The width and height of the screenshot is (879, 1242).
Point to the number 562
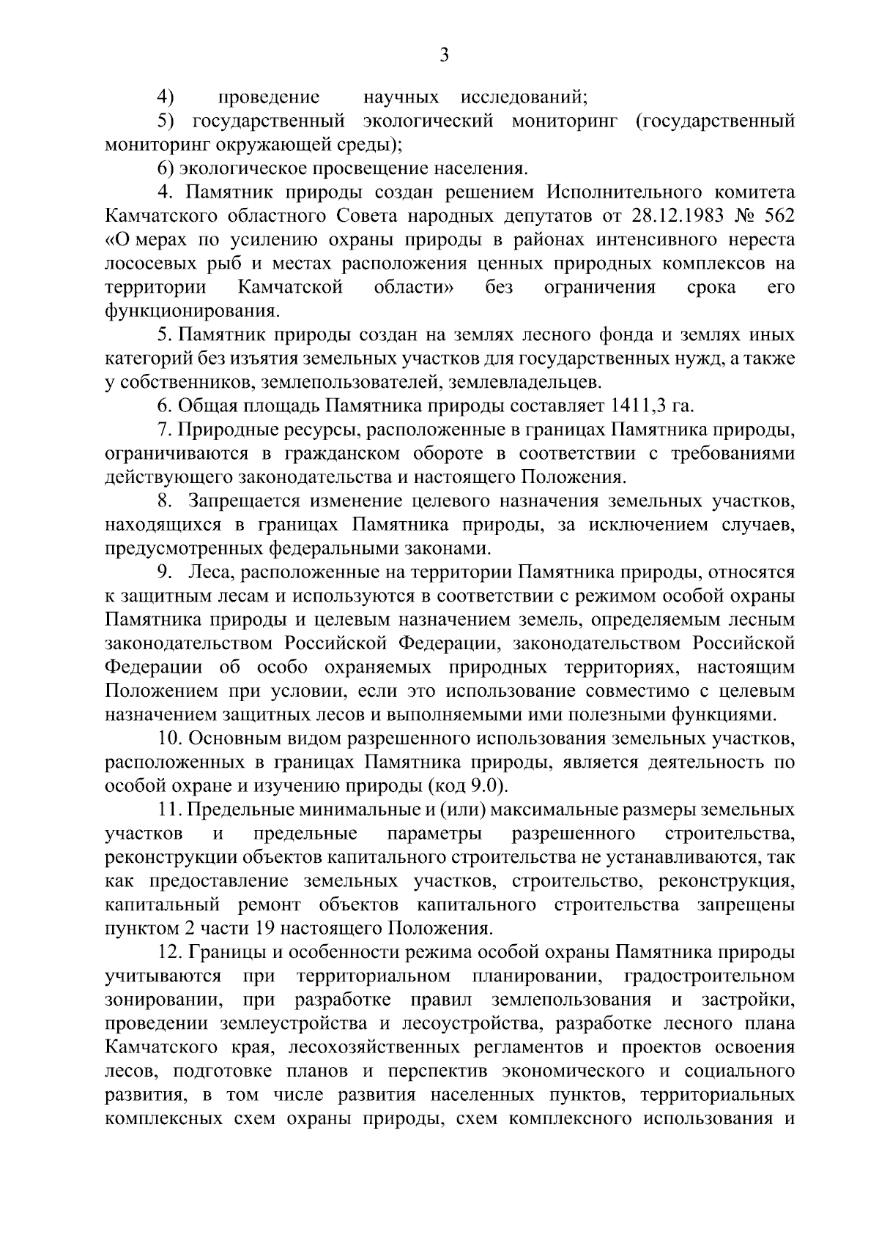(776, 216)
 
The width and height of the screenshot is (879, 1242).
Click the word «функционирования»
(191, 311)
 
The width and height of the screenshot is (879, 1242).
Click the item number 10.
(168, 739)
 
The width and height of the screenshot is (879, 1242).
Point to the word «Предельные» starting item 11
(240, 811)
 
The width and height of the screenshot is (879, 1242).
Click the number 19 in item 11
(265, 929)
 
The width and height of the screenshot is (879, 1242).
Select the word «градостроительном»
(709, 977)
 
